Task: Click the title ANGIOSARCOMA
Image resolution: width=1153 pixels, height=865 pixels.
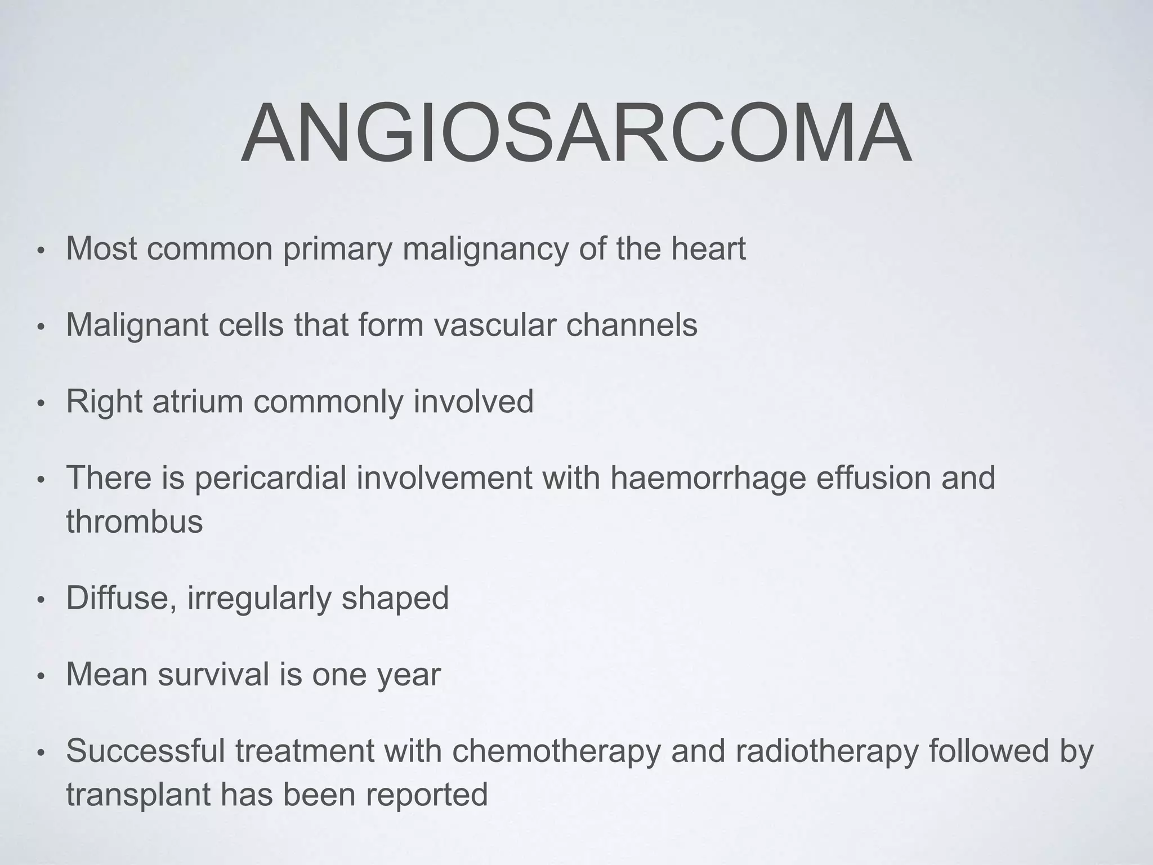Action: (575, 134)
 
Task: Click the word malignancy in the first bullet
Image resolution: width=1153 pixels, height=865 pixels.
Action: (485, 249)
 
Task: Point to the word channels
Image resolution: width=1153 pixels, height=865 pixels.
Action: (631, 325)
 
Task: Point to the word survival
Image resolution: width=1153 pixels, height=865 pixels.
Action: (213, 674)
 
